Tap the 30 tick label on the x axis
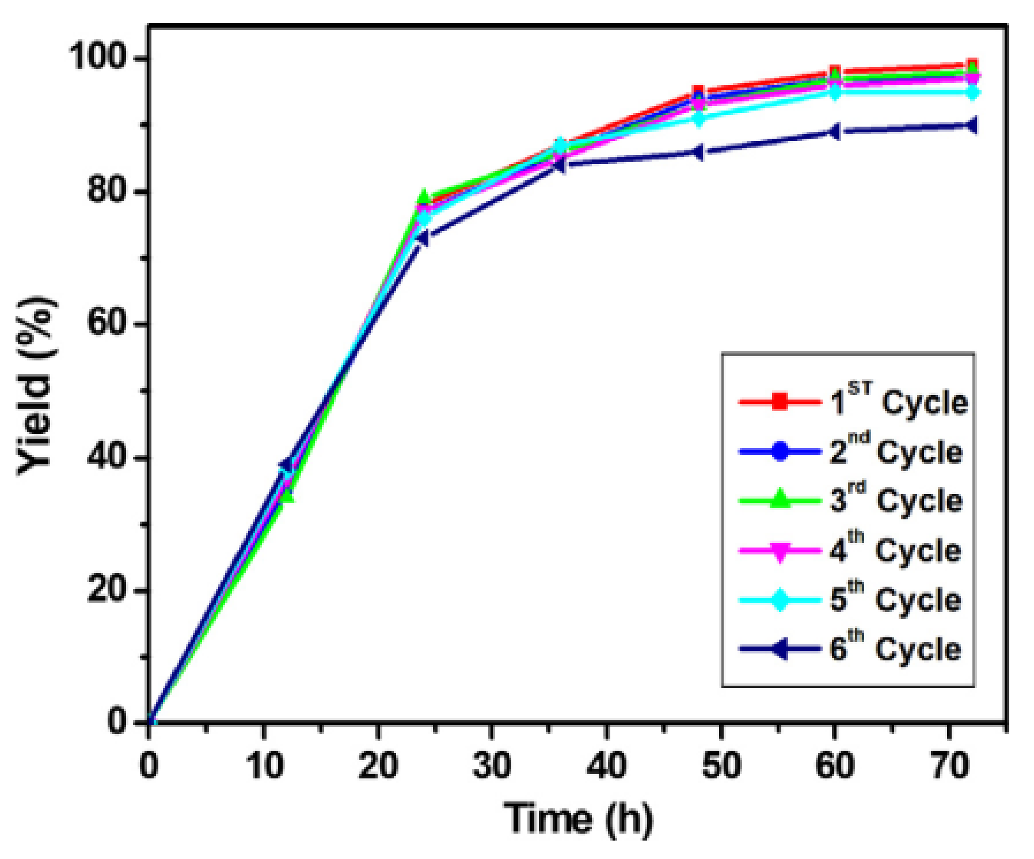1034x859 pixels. [492, 766]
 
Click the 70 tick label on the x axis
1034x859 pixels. [950, 766]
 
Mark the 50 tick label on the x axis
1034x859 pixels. [721, 766]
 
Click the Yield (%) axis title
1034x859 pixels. [36, 386]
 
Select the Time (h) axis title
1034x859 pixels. [579, 818]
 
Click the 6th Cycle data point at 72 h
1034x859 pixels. [971, 126]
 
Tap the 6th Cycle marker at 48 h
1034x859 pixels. [697, 153]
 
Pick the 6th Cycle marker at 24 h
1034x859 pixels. [422, 238]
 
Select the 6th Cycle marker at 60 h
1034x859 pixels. [834, 132]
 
